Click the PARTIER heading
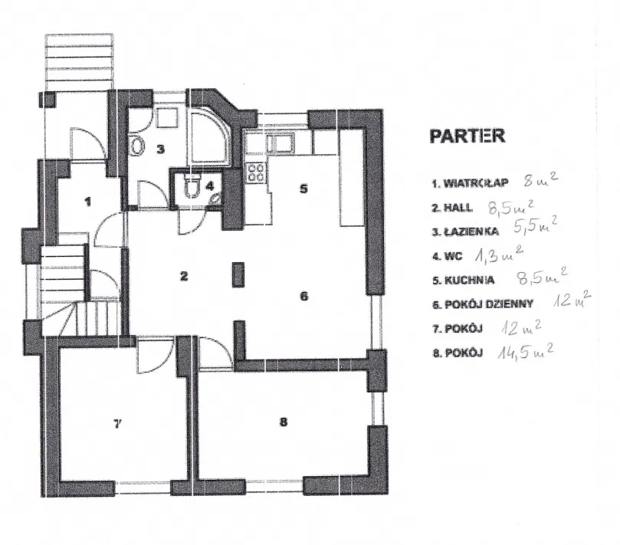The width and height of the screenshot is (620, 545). click(x=467, y=136)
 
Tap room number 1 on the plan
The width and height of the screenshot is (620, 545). click(x=88, y=202)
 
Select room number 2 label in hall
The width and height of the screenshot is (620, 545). click(x=184, y=277)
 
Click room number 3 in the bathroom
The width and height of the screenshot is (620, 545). click(x=160, y=149)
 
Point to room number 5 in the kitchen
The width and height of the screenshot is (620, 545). click(x=303, y=189)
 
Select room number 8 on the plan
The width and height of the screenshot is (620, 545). click(x=283, y=421)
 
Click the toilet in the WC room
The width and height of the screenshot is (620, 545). click(x=193, y=186)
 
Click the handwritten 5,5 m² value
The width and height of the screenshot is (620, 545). click(x=533, y=227)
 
